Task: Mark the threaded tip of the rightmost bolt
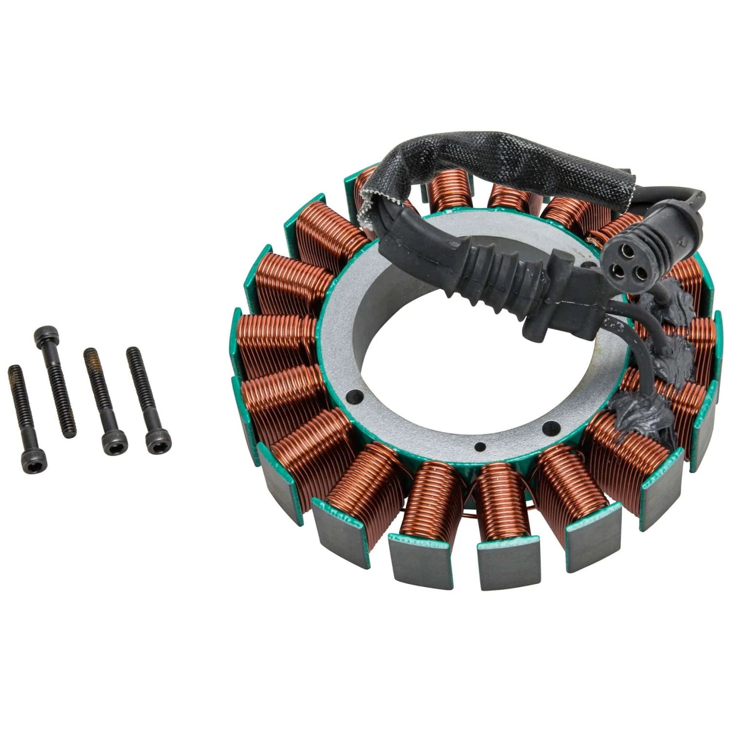click(132, 353)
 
